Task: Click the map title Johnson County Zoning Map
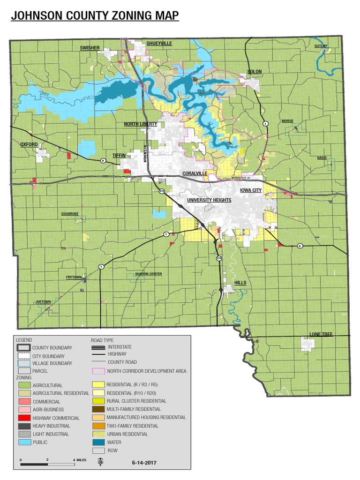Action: (95, 16)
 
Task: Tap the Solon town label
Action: (255, 72)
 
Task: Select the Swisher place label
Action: (89, 48)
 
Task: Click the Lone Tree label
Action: (321, 334)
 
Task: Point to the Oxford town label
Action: (29, 144)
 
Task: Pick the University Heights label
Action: (209, 200)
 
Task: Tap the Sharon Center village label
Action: (148, 274)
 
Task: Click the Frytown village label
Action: (74, 277)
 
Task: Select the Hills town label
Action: (240, 283)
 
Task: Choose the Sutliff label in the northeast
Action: (321, 46)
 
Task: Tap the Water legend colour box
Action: (98, 442)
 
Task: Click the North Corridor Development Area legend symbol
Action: (98, 371)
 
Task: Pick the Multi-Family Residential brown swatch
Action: (98, 409)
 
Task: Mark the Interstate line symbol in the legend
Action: (98, 347)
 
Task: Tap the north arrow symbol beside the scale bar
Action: (100, 462)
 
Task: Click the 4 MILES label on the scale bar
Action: (79, 460)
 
